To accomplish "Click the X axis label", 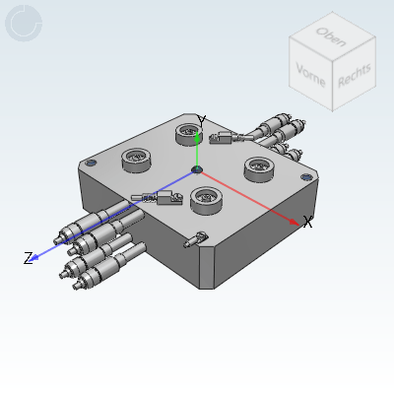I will pos(307,223).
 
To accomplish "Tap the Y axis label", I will pos(201,121).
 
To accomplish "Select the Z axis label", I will pos(29,259).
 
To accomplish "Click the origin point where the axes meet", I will pos(197,171).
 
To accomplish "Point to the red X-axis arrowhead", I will pos(295,221).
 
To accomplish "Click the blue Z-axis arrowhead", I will pos(36,256).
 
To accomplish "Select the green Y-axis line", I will pos(197,151).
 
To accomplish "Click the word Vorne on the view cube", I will pos(311,74).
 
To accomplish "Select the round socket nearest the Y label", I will pos(187,132).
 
